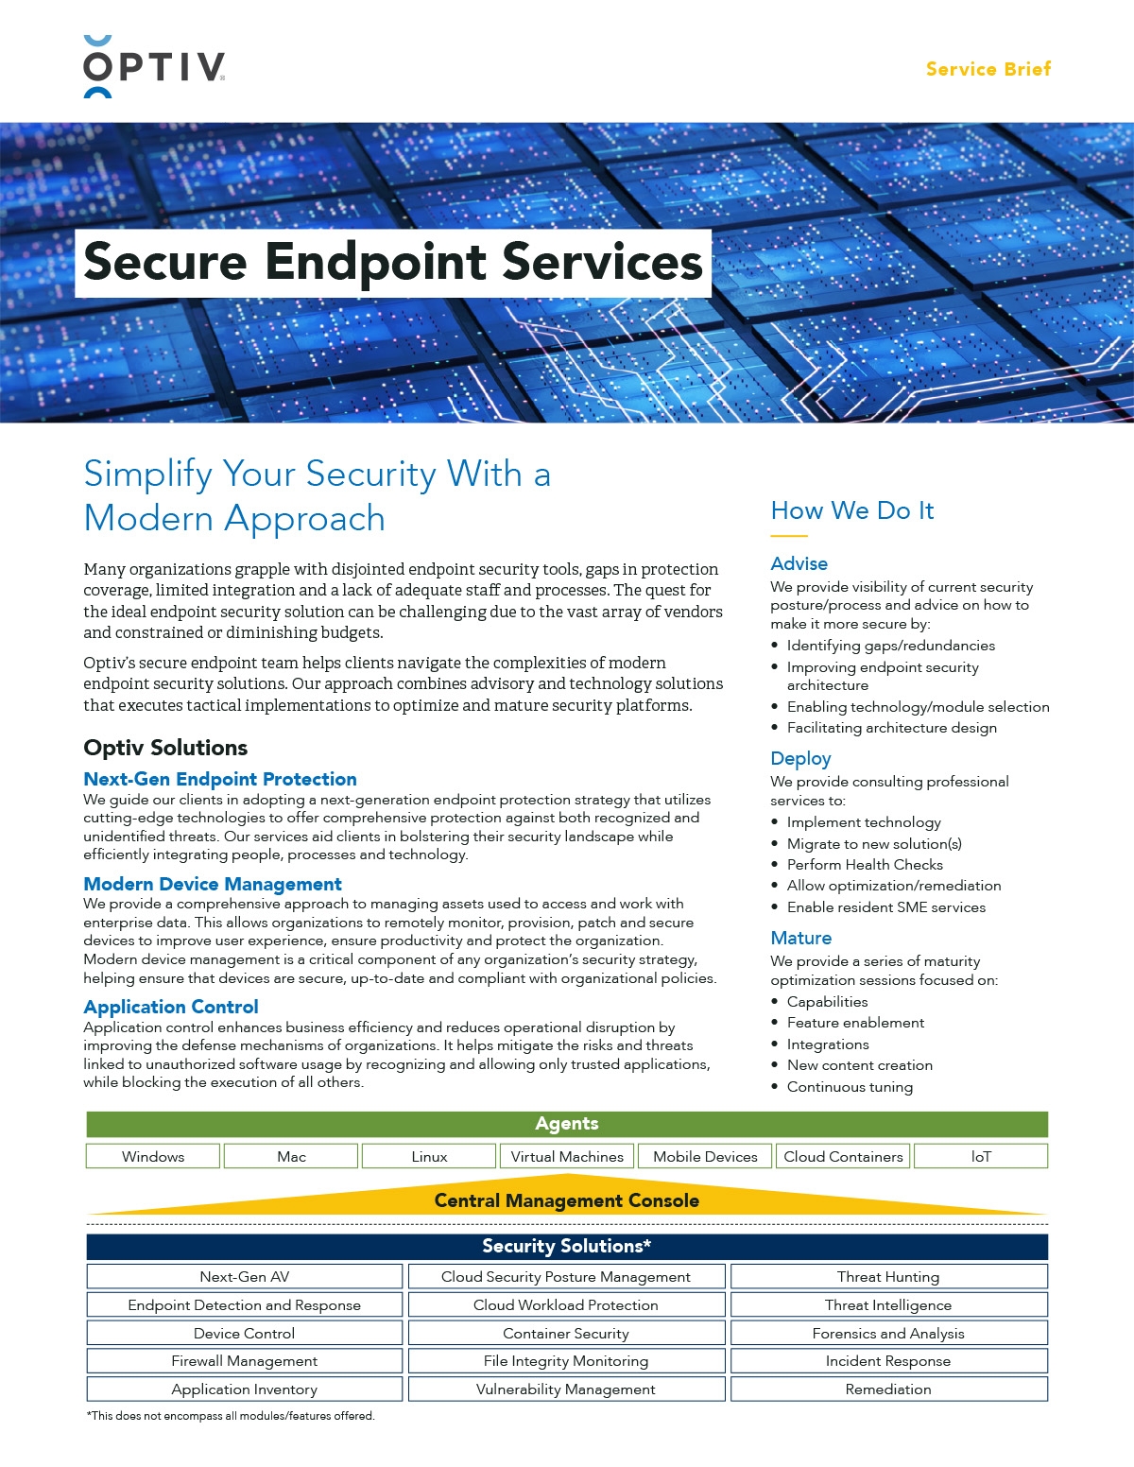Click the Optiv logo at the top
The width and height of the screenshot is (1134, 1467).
pos(154,67)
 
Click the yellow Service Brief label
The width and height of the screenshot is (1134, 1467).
pos(988,69)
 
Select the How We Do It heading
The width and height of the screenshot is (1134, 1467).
pos(851,510)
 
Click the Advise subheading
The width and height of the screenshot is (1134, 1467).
pos(799,563)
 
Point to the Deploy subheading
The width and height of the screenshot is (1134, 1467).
pos(800,758)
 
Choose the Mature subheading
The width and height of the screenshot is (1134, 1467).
pos(800,938)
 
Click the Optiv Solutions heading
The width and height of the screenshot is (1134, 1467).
pos(165,748)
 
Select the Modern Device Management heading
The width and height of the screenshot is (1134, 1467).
pos(213,884)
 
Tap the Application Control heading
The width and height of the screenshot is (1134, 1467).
pos(171,1007)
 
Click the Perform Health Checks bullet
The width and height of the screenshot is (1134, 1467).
pos(865,864)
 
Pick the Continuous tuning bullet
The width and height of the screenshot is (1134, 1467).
pos(850,1087)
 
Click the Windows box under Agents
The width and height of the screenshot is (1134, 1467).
pos(153,1156)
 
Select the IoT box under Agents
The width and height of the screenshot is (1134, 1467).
pos(981,1156)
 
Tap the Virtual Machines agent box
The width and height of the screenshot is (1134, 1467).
pos(567,1156)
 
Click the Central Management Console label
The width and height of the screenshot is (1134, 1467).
pos(567,1200)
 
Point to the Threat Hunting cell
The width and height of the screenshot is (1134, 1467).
pos(888,1277)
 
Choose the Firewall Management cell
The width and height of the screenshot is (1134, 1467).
pos(245,1361)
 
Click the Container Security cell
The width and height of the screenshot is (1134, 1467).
pos(566,1334)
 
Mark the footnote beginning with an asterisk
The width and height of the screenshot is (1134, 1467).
pos(231,1416)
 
